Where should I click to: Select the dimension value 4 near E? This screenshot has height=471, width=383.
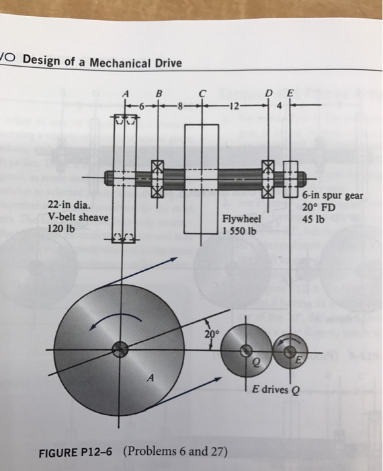(279, 105)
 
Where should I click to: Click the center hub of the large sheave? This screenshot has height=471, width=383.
(120, 349)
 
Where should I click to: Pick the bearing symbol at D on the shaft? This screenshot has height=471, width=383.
(269, 178)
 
